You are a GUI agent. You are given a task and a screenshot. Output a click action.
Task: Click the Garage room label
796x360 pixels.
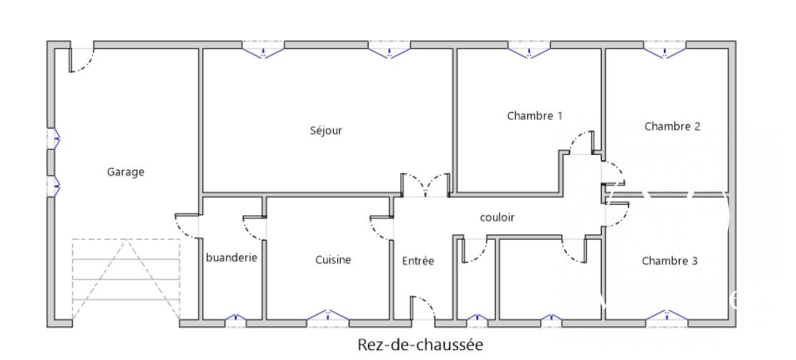(125, 172)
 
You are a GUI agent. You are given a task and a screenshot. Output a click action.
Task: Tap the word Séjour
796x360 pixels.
(326, 131)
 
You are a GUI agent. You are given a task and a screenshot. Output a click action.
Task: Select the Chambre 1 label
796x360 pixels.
(534, 116)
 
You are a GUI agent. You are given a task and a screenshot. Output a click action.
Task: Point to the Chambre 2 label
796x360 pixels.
(672, 126)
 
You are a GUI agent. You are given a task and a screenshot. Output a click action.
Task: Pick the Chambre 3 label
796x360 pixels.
(670, 261)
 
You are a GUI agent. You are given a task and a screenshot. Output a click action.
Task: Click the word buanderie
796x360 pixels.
(232, 257)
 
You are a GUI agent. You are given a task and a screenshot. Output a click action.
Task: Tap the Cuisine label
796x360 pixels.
(333, 260)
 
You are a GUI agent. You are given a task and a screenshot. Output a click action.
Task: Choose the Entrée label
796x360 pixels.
(418, 261)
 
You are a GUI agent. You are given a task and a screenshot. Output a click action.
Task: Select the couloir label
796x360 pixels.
(497, 217)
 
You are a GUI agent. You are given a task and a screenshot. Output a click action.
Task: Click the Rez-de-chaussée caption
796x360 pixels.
(420, 345)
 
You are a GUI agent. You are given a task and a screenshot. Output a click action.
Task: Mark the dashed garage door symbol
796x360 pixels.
(126, 279)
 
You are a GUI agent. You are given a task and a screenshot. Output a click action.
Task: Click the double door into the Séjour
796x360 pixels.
(425, 185)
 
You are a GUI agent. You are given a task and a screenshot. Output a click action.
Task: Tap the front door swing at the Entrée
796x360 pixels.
(424, 308)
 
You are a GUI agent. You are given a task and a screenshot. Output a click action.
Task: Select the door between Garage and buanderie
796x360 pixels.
(186, 226)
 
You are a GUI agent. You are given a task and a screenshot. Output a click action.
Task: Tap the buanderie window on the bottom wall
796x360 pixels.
(236, 317)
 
